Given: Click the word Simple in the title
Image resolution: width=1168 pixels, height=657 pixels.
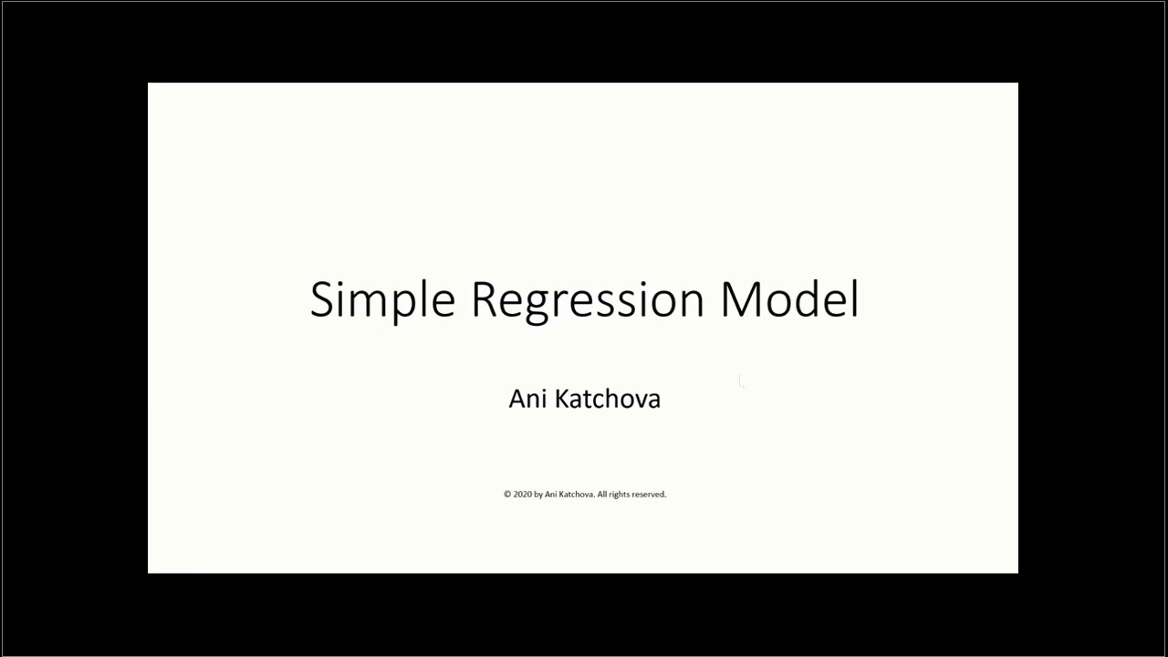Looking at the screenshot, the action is coord(382,300).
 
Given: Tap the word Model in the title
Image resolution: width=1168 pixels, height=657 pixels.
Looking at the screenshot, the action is coord(789,298).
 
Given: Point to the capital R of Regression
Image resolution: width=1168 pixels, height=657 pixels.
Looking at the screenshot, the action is coord(485,299).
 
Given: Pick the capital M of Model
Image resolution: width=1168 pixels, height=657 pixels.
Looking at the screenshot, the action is coord(740,299).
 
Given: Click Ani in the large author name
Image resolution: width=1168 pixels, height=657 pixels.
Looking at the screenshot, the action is coord(527,399).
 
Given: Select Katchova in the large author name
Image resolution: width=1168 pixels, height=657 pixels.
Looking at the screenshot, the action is coord(608,399).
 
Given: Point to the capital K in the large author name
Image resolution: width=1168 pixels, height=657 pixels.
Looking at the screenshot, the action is coord(562,399).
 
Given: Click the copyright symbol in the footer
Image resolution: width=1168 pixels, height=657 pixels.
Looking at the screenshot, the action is coord(507,495).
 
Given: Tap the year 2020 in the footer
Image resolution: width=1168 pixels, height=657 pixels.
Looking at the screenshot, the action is coord(523,495).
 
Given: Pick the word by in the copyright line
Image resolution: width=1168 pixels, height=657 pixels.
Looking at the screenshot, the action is coord(538,495).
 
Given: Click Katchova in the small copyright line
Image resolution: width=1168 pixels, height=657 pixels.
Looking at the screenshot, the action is coord(576,495).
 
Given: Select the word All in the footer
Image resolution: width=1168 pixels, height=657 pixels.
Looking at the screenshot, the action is coord(603,495).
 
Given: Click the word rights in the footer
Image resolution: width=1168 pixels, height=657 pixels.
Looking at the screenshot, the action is coord(620,495).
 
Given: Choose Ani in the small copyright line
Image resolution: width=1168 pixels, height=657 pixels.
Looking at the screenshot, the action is coord(550,495).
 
